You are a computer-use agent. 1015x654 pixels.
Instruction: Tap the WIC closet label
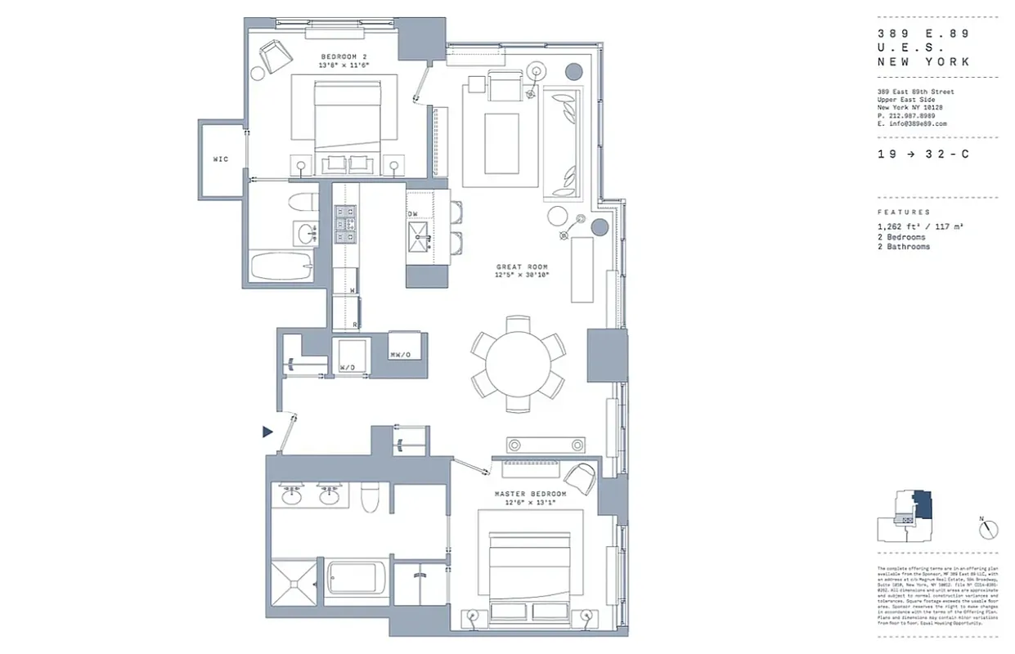pyautogui.click(x=220, y=159)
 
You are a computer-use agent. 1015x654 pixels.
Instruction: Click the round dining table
pyautogui.click(x=518, y=363)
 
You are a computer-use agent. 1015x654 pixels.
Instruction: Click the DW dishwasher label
pyautogui.click(x=413, y=214)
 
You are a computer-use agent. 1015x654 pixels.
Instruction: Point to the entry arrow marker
pyautogui.click(x=267, y=432)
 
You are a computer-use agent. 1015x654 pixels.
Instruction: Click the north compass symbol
pyautogui.click(x=990, y=530)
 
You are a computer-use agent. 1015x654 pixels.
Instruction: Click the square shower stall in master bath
pyautogui.click(x=292, y=582)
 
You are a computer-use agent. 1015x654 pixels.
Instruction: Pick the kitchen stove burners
pyautogui.click(x=345, y=224)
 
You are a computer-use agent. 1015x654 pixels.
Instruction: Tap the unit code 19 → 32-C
pyautogui.click(x=923, y=155)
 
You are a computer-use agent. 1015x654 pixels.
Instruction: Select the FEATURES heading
pyautogui.click(x=904, y=212)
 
